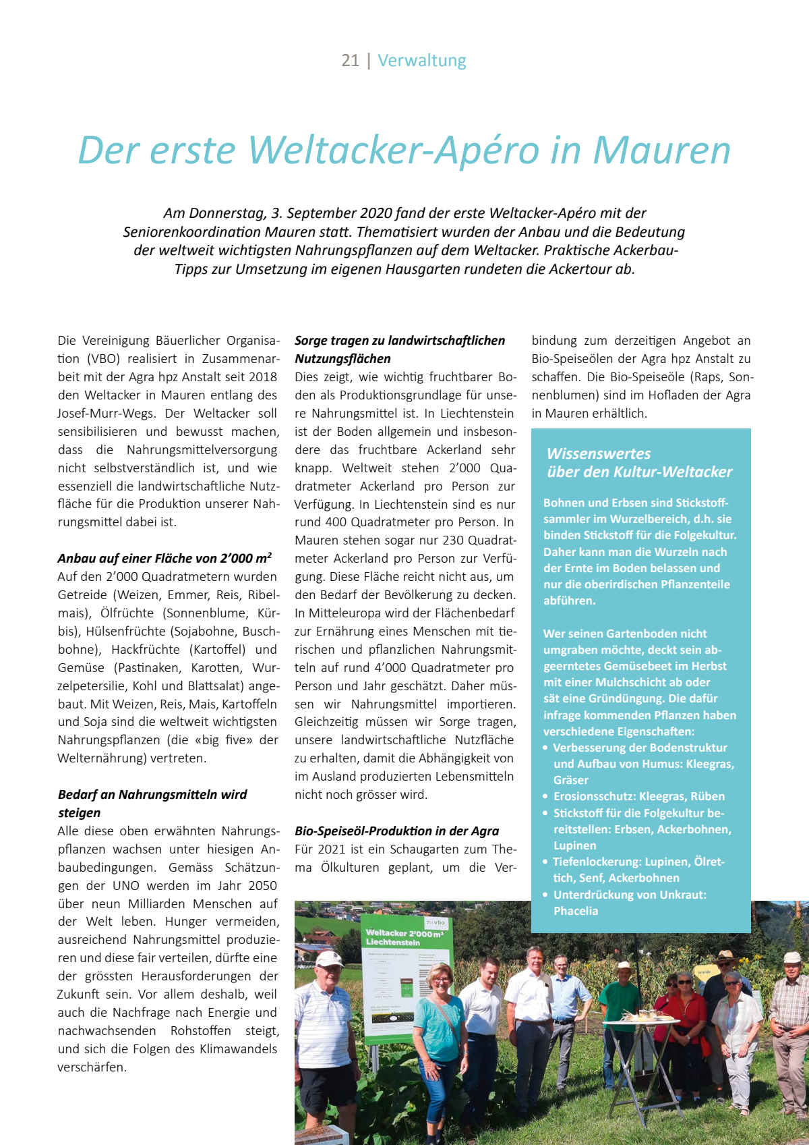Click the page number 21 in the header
tap(350, 61)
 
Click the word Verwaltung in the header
tap(422, 61)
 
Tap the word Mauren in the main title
tap(662, 150)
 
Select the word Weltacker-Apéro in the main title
tap(394, 150)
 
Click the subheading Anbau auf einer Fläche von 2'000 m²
tap(164, 558)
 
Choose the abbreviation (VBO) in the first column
tap(102, 359)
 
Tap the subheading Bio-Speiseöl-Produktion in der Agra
tap(396, 831)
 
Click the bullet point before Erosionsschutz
tap(546, 797)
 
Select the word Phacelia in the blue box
tap(576, 911)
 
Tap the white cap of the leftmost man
tap(328, 958)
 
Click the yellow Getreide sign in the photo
tap(704, 973)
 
